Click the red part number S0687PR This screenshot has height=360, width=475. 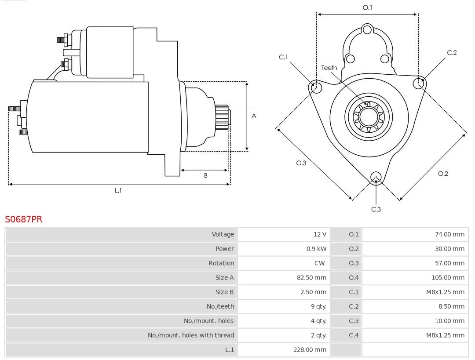pyautogui.click(x=23, y=219)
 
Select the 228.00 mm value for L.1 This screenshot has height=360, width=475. pyautogui.click(x=310, y=349)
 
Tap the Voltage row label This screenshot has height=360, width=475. pyautogui.click(x=223, y=234)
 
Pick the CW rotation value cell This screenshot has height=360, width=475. pyautogui.click(x=319, y=263)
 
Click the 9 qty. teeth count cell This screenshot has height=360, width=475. pyautogui.click(x=318, y=306)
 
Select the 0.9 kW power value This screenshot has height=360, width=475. pyautogui.click(x=316, y=248)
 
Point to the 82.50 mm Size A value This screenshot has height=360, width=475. pyautogui.click(x=311, y=277)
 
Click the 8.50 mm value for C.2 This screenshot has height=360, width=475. pyautogui.click(x=451, y=306)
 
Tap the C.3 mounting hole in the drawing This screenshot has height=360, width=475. pyautogui.click(x=376, y=177)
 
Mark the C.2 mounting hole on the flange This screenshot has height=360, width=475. pyautogui.click(x=419, y=84)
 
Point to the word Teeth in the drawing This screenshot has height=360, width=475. pyautogui.click(x=329, y=68)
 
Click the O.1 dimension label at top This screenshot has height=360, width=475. pyautogui.click(x=367, y=7)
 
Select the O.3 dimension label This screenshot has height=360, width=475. pyautogui.click(x=301, y=163)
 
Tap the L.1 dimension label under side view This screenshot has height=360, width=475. pyautogui.click(x=118, y=190)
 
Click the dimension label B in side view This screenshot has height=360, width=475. pyautogui.click(x=205, y=175)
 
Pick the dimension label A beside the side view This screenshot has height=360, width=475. pyautogui.click(x=253, y=116)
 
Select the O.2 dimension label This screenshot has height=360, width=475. pyautogui.click(x=442, y=174)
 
